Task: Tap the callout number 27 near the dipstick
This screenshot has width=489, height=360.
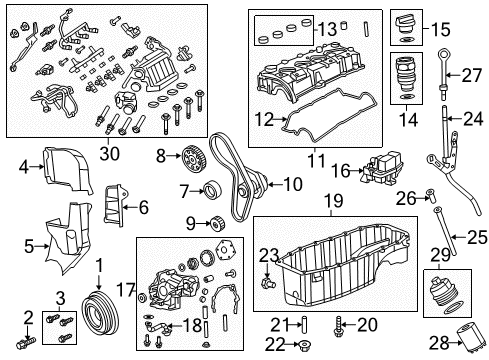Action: [470, 73]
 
